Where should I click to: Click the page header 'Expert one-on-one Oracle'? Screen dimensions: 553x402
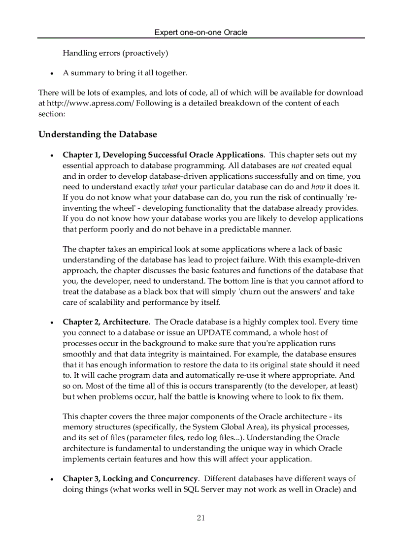[x=201, y=33]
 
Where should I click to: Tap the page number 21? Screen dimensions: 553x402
[x=201, y=518]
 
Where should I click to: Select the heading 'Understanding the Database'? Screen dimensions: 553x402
[x=98, y=134]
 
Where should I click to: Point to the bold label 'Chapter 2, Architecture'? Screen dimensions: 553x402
[x=105, y=322]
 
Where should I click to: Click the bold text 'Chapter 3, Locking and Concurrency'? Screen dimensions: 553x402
[x=130, y=479]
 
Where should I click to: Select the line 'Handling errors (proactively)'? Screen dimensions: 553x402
[x=115, y=53]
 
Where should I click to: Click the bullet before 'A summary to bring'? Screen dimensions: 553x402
[x=52, y=73]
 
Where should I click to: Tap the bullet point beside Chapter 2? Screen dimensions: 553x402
[x=52, y=323]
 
